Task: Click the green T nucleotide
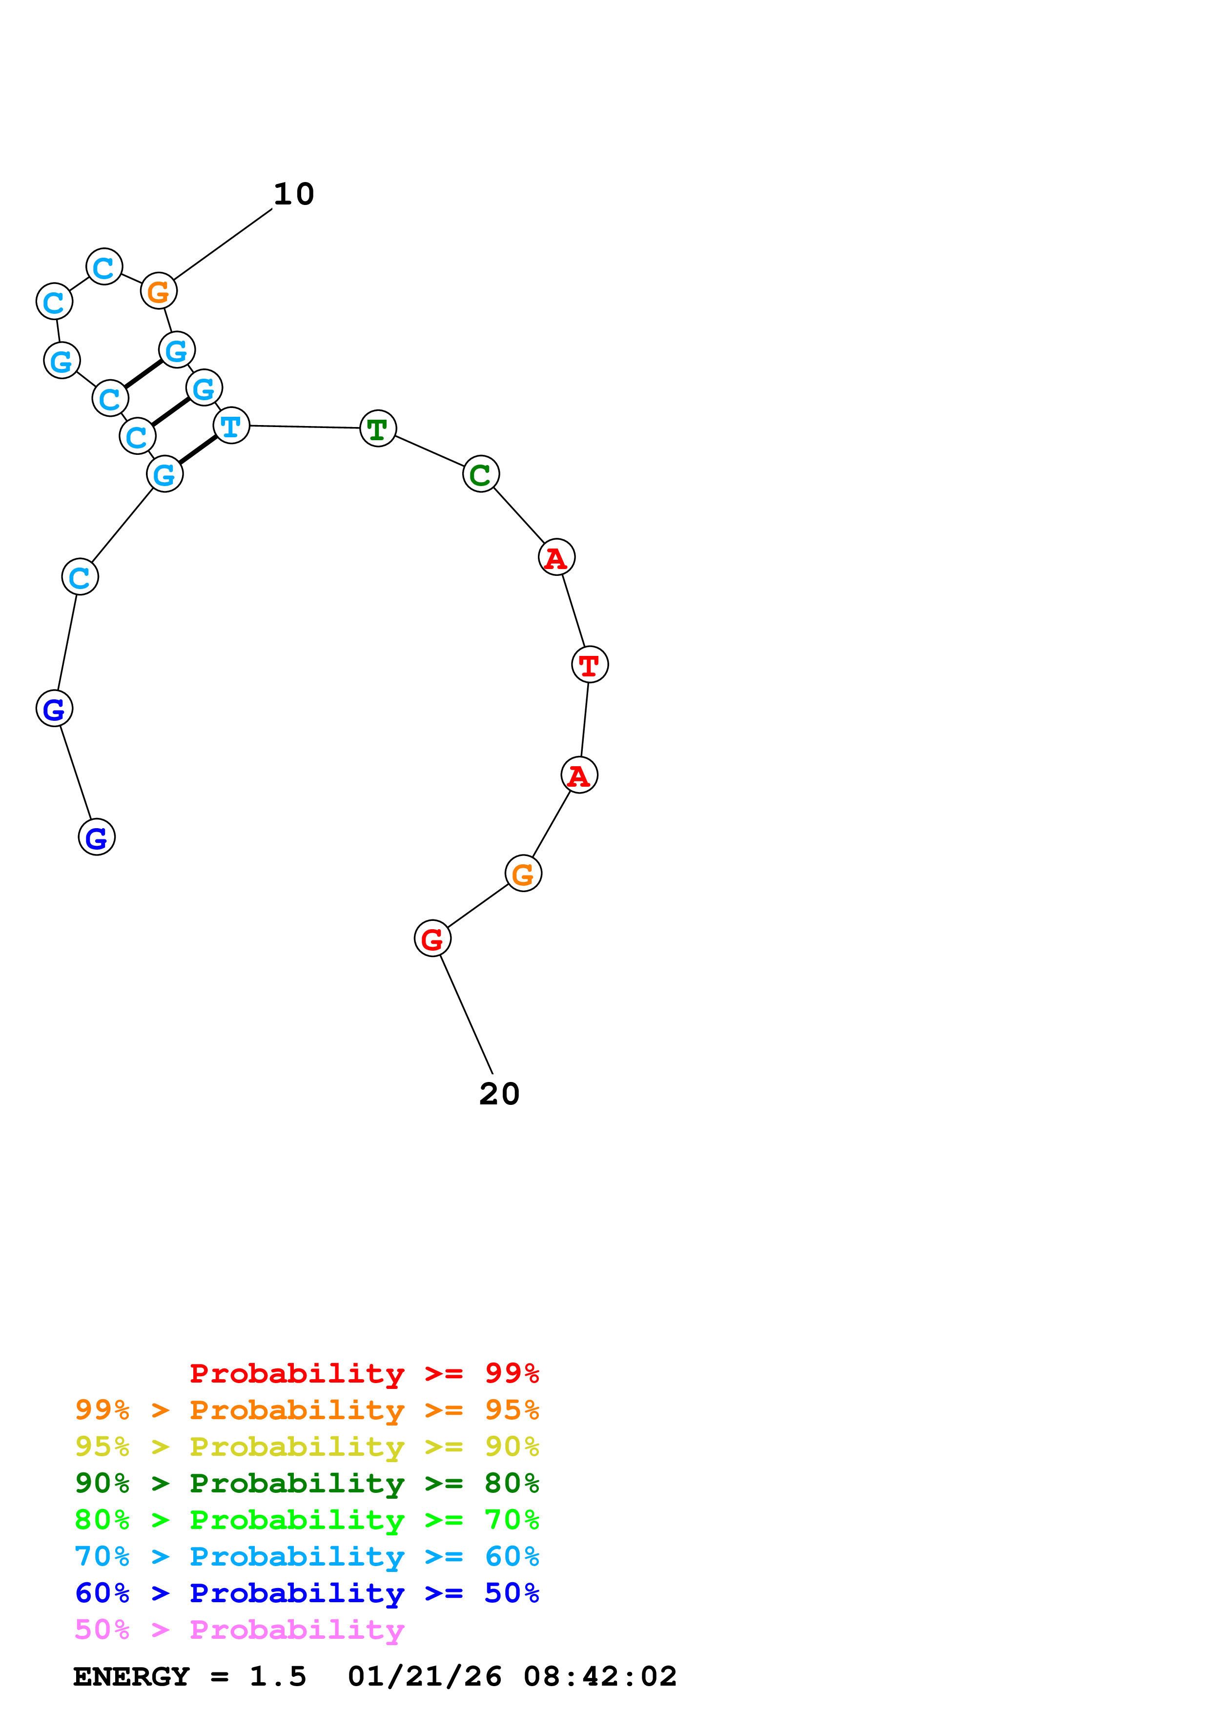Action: [x=377, y=429]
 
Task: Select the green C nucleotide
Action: [x=480, y=474]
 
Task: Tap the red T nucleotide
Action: [x=589, y=664]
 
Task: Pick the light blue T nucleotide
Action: [x=231, y=426]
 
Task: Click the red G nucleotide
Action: [x=432, y=939]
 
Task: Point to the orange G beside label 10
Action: [x=159, y=291]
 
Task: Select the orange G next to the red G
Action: [x=523, y=874]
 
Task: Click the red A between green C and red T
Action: [x=556, y=558]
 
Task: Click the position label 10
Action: [x=294, y=195]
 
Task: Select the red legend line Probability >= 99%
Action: [x=364, y=1373]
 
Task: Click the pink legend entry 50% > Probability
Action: [x=239, y=1630]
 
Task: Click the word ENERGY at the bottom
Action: [x=131, y=1677]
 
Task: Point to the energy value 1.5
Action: [x=277, y=1677]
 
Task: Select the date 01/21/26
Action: [x=424, y=1677]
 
